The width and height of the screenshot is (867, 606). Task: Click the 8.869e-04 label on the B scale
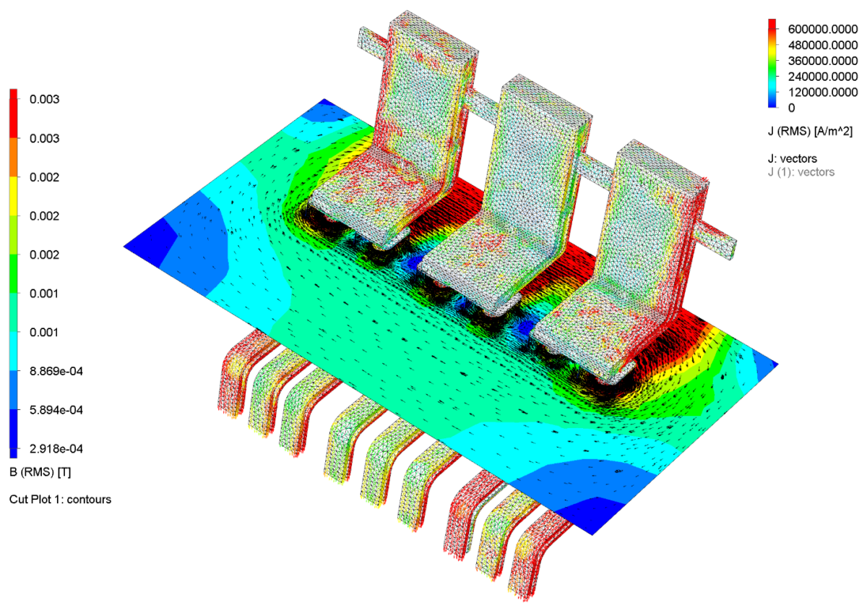click(x=56, y=371)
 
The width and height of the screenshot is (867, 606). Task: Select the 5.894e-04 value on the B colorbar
click(x=56, y=410)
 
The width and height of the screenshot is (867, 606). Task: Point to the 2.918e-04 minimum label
click(x=56, y=448)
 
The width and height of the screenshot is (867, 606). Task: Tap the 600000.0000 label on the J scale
click(x=823, y=29)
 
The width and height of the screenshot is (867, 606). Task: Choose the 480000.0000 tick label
click(x=823, y=45)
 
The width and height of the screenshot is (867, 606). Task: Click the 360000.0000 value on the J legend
click(x=823, y=61)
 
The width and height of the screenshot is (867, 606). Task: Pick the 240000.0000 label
click(x=823, y=77)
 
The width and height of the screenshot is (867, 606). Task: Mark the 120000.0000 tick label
click(x=823, y=93)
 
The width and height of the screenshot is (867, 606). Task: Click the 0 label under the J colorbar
click(x=792, y=108)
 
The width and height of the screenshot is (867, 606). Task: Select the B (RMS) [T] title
click(x=40, y=472)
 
